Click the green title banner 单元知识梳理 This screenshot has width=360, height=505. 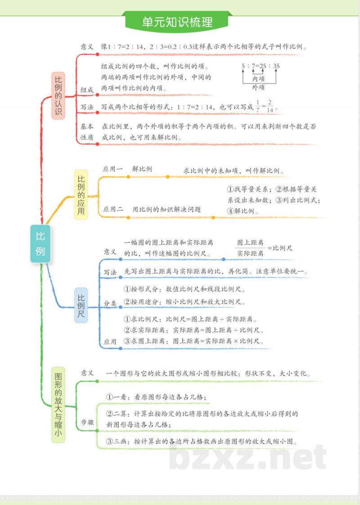(177, 22)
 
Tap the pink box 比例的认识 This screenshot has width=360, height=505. (58, 95)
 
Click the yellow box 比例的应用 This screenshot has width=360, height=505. (81, 194)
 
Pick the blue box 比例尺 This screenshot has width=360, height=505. (81, 306)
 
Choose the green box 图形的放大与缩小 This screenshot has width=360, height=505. (58, 404)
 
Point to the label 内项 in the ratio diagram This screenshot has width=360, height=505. (258, 79)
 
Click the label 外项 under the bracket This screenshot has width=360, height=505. (258, 87)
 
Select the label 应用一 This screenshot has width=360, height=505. (112, 169)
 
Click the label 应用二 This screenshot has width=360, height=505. (112, 209)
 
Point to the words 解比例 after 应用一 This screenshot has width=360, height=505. (142, 169)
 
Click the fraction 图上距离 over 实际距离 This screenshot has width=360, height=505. (250, 248)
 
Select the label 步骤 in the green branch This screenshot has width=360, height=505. (87, 422)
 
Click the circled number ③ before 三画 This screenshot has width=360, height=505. (109, 441)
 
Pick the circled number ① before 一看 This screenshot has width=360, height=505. (109, 397)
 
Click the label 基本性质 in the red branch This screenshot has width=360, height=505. (87, 132)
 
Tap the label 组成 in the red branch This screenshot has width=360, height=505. (87, 90)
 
